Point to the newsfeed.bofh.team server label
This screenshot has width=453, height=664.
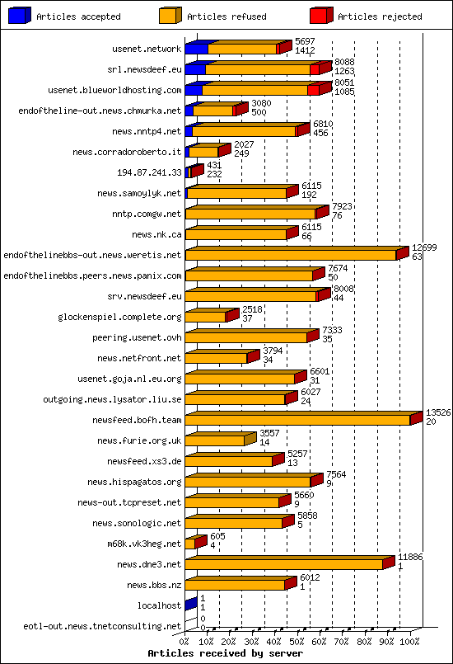(142, 420)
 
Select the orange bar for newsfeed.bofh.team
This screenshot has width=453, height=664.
(297, 420)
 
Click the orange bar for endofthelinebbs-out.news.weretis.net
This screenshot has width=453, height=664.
(290, 255)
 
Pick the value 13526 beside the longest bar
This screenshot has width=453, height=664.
(438, 412)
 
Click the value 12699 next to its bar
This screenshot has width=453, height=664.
(424, 247)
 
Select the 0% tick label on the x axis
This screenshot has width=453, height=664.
(184, 639)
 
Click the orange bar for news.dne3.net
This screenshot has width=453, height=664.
(284, 564)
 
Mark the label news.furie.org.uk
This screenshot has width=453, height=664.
(139, 440)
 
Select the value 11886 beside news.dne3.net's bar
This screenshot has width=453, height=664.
(411, 558)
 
